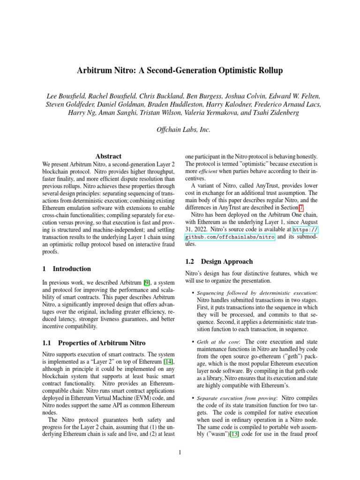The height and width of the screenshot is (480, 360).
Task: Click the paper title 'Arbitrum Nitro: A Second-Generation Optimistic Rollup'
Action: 180,71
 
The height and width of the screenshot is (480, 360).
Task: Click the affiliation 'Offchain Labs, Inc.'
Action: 180,129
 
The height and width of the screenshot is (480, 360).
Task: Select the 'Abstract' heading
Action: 108,156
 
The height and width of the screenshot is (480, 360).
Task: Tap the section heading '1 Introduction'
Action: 67,269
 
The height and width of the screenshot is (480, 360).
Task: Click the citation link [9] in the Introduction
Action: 147,284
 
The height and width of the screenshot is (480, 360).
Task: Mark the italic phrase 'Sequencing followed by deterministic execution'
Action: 256,293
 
